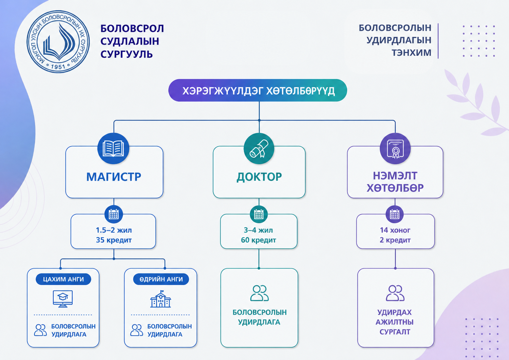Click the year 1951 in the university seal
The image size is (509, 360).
click(58, 67)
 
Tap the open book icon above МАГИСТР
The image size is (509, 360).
click(113, 149)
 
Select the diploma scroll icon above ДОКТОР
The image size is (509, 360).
click(259, 149)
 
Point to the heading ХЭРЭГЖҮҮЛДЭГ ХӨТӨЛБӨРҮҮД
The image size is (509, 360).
click(258, 91)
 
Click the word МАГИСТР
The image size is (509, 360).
click(114, 177)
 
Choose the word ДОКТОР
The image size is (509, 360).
click(259, 177)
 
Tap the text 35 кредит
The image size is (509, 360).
click(114, 240)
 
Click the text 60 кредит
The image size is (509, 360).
click(258, 240)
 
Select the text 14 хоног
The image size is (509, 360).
click(395, 230)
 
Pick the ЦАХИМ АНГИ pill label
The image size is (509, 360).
click(63, 279)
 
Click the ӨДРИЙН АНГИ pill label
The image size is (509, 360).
click(161, 279)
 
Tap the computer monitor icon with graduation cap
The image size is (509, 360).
click(63, 299)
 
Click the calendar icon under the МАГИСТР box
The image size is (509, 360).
click(114, 214)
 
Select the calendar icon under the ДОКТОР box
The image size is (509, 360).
click(258, 214)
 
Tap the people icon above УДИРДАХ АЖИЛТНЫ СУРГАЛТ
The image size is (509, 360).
click(395, 293)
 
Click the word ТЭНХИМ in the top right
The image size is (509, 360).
click(411, 53)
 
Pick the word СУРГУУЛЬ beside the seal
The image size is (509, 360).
click(126, 54)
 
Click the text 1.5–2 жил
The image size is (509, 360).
click(114, 230)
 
